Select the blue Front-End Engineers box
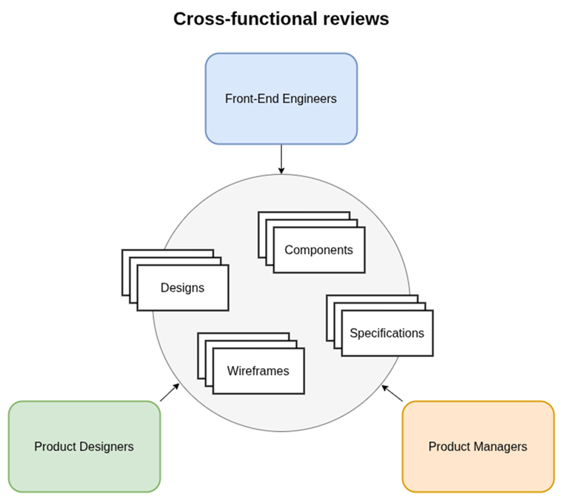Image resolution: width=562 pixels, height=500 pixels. tap(281, 99)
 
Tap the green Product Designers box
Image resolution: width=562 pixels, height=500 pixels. tap(84, 447)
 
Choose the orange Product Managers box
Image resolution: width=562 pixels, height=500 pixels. tap(478, 447)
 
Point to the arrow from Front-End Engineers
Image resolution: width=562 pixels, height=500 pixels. tap(281, 159)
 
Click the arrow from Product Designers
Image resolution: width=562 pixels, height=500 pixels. tap(170, 392)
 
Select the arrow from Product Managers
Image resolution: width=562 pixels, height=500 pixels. tap(392, 393)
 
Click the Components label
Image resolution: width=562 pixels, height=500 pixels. tap(318, 250)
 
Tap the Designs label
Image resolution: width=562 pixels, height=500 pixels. tap(182, 287)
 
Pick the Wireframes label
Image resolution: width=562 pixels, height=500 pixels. tap(258, 371)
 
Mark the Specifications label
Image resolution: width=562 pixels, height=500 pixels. tap(387, 333)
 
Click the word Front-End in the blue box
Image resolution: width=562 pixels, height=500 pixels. tap(252, 99)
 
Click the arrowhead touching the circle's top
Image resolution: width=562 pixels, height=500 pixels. tap(281, 171)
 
